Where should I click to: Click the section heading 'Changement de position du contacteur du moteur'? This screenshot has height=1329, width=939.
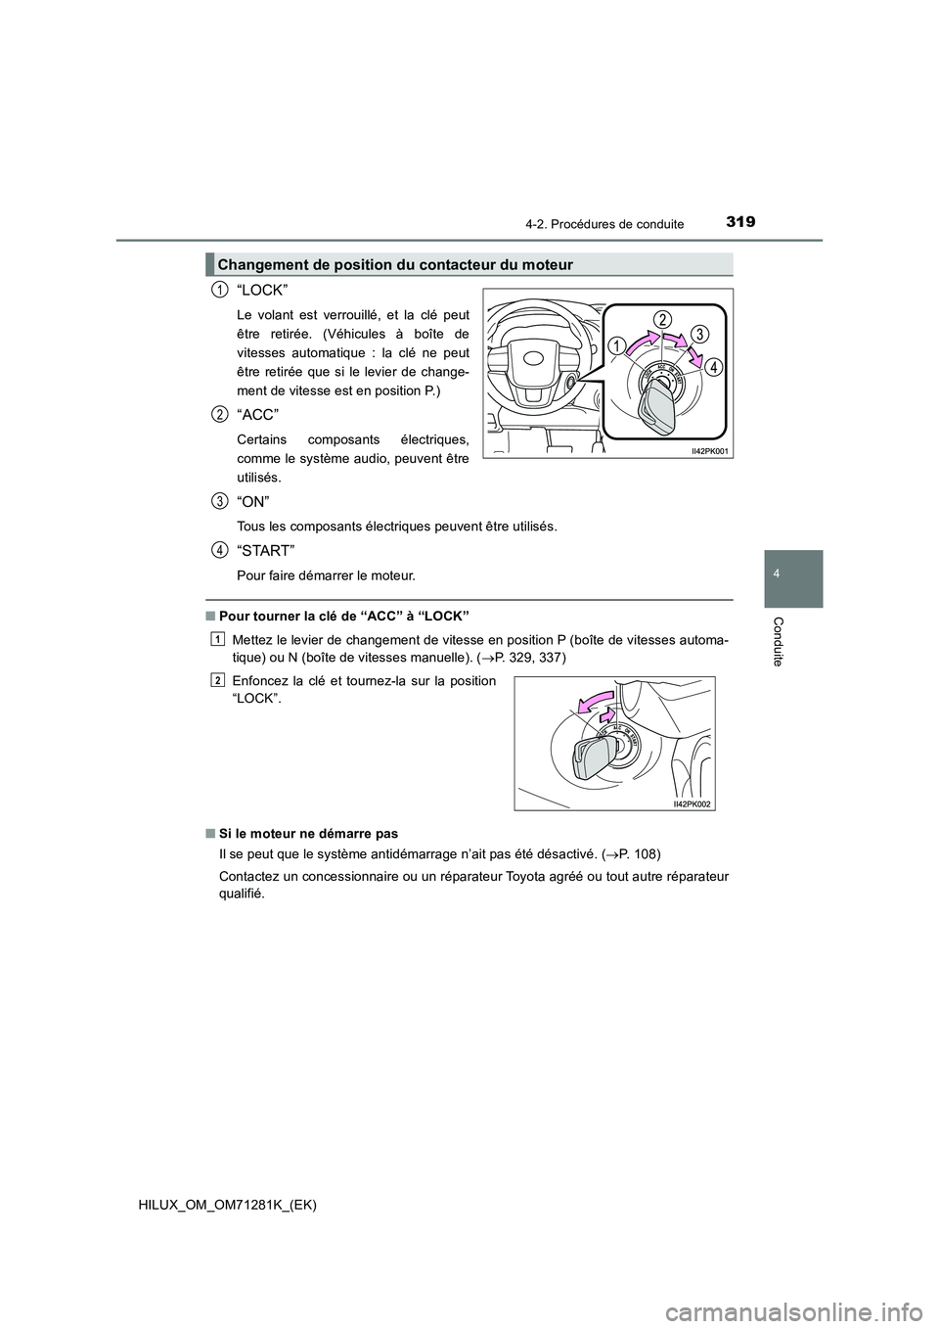pyautogui.click(x=395, y=264)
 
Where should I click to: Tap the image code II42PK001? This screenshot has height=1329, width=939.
pyautogui.click(x=706, y=450)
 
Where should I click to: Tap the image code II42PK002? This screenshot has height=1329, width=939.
pyautogui.click(x=691, y=803)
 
